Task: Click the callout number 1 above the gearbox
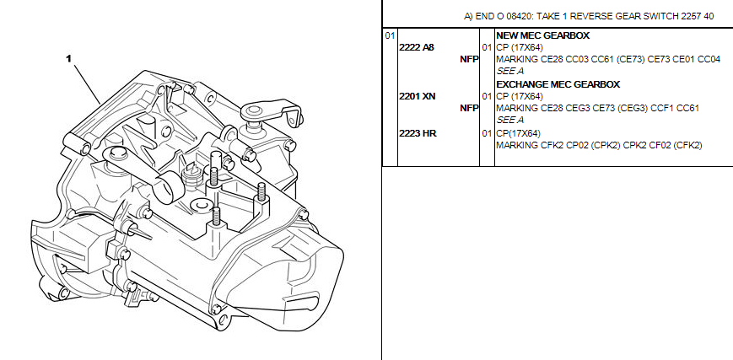click(68, 58)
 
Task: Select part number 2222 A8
click(417, 47)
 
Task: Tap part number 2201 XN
click(418, 96)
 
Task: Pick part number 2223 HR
click(418, 133)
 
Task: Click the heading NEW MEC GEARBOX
click(542, 35)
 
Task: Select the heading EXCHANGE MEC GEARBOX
click(558, 84)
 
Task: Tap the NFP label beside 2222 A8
click(469, 59)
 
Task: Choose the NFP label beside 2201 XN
click(469, 109)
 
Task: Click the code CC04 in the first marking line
click(709, 59)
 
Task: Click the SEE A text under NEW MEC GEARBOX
click(509, 72)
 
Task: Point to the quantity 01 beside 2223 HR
click(487, 133)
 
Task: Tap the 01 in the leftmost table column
click(390, 35)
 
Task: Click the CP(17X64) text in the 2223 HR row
click(518, 133)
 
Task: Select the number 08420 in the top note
click(519, 16)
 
